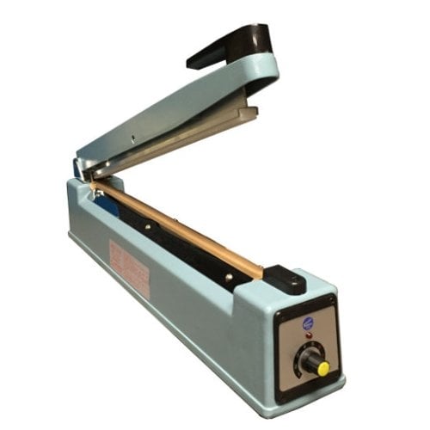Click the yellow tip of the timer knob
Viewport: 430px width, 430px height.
pyautogui.click(x=323, y=368)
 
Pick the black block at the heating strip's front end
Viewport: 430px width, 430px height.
pyautogui.click(x=285, y=279)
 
